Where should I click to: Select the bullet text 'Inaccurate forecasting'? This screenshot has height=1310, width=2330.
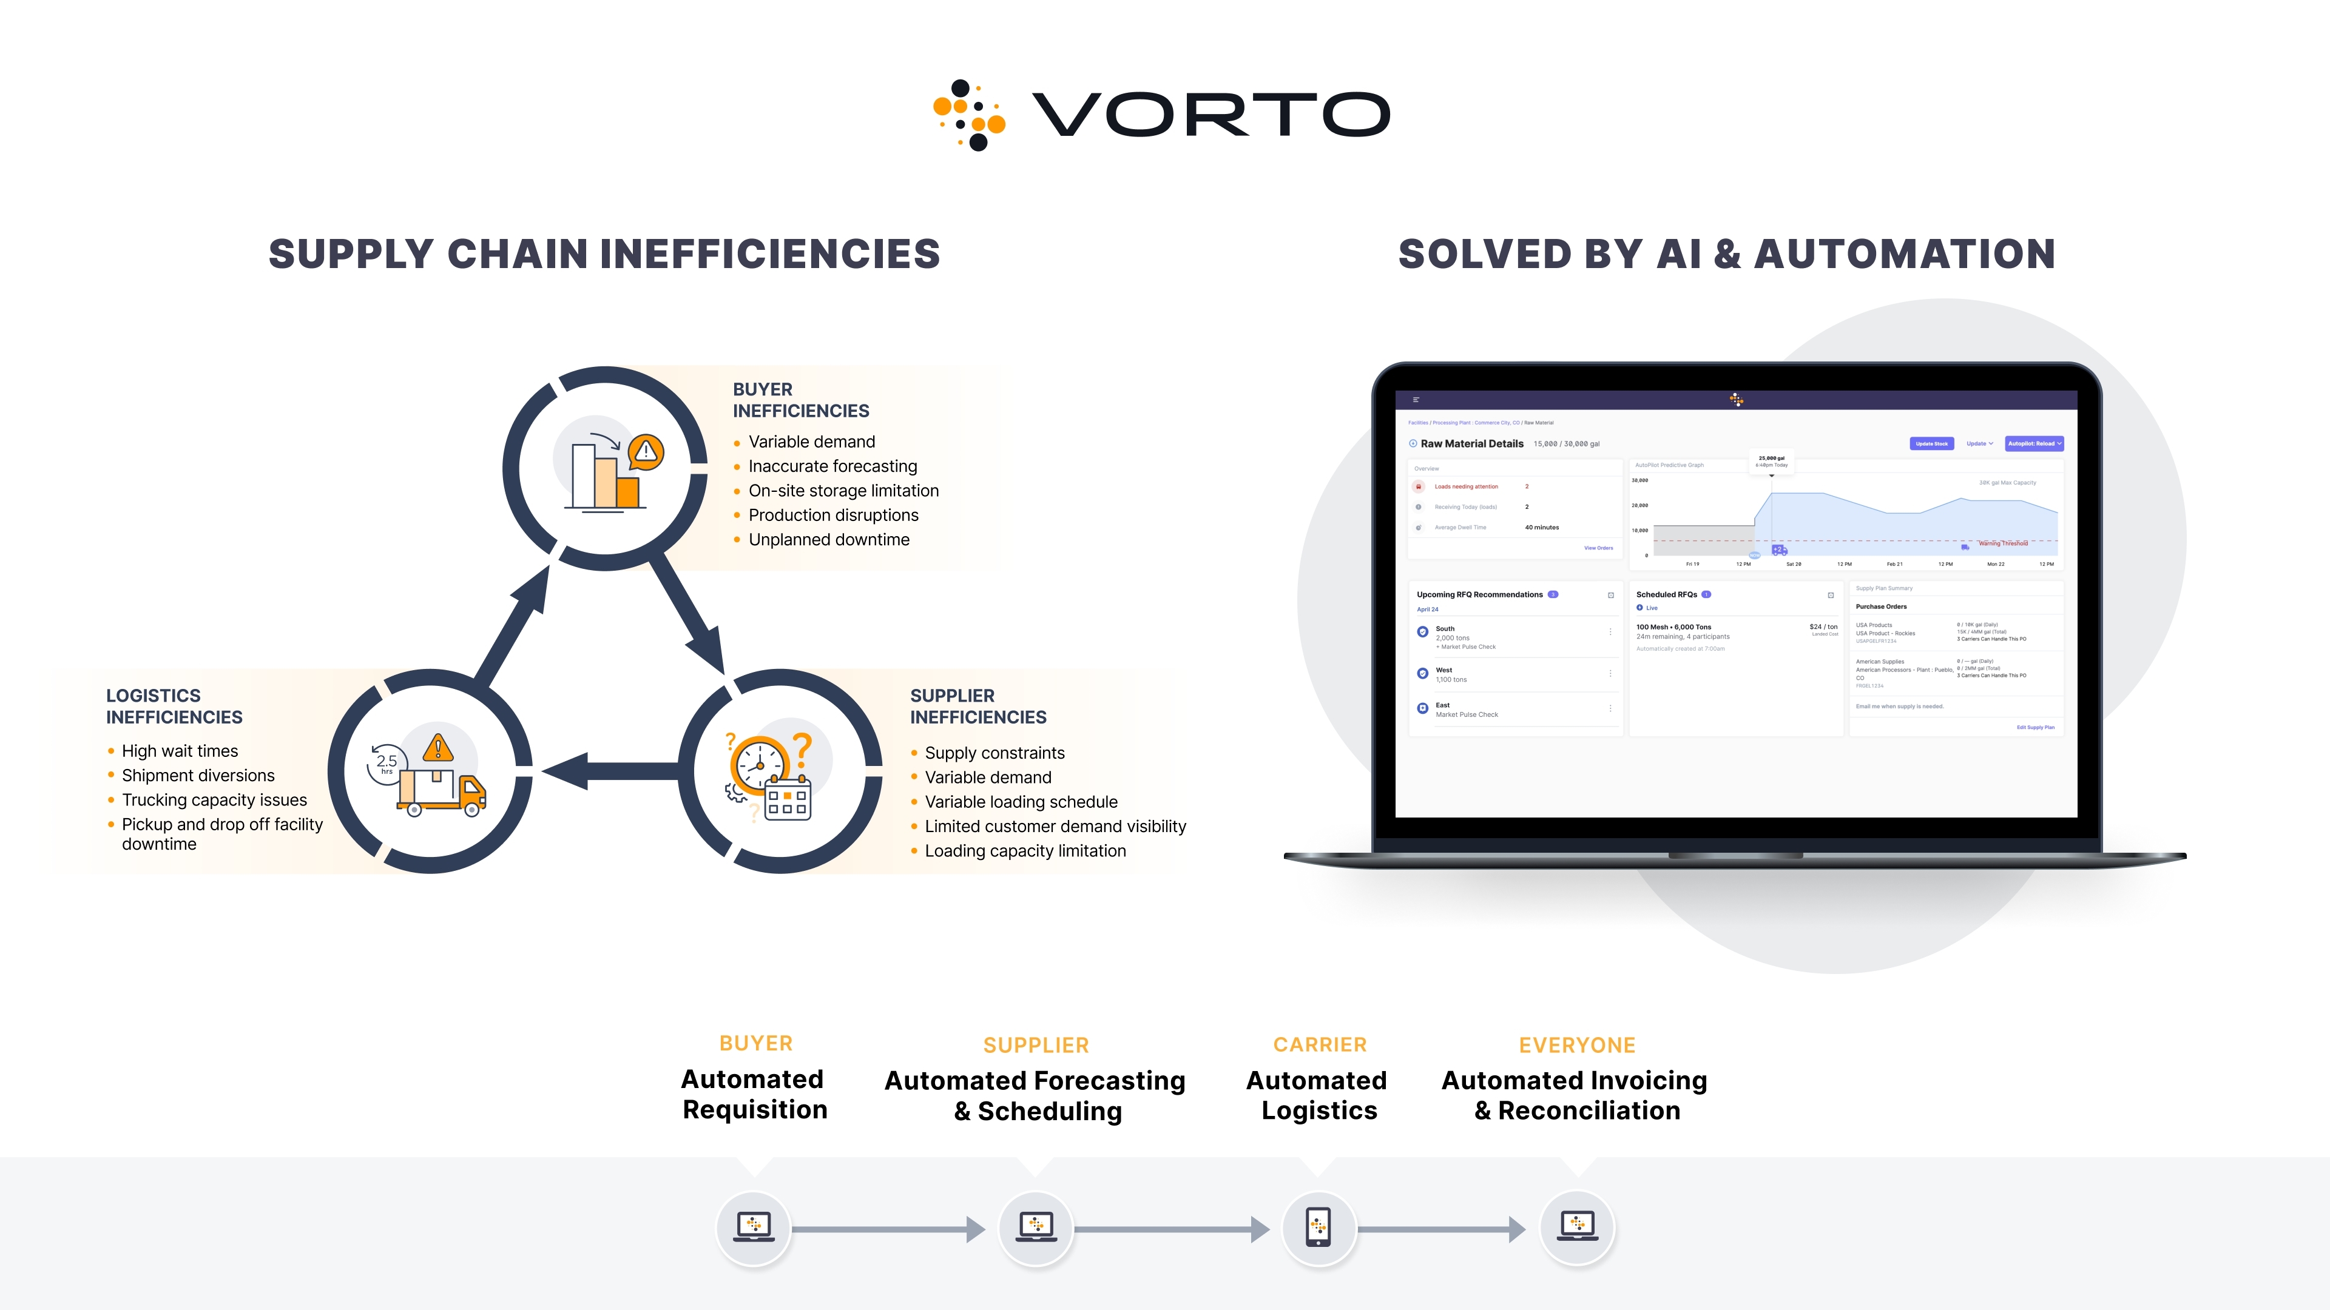click(832, 466)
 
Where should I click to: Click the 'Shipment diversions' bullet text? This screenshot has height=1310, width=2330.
click(198, 776)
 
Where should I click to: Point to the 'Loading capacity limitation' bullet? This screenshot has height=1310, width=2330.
click(1025, 851)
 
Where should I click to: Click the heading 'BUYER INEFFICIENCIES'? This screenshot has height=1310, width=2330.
click(800, 400)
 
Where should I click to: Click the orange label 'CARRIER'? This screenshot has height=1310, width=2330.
click(1320, 1045)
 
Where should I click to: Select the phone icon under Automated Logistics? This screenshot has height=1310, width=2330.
click(1319, 1228)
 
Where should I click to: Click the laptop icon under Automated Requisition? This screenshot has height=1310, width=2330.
click(754, 1227)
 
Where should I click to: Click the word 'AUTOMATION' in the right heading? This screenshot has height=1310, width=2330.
click(1905, 254)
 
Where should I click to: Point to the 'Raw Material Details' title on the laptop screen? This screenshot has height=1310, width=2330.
click(1471, 444)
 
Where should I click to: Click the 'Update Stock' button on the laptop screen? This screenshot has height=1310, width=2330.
click(1931, 444)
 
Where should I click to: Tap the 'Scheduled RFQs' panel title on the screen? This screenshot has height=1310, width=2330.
click(1666, 595)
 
